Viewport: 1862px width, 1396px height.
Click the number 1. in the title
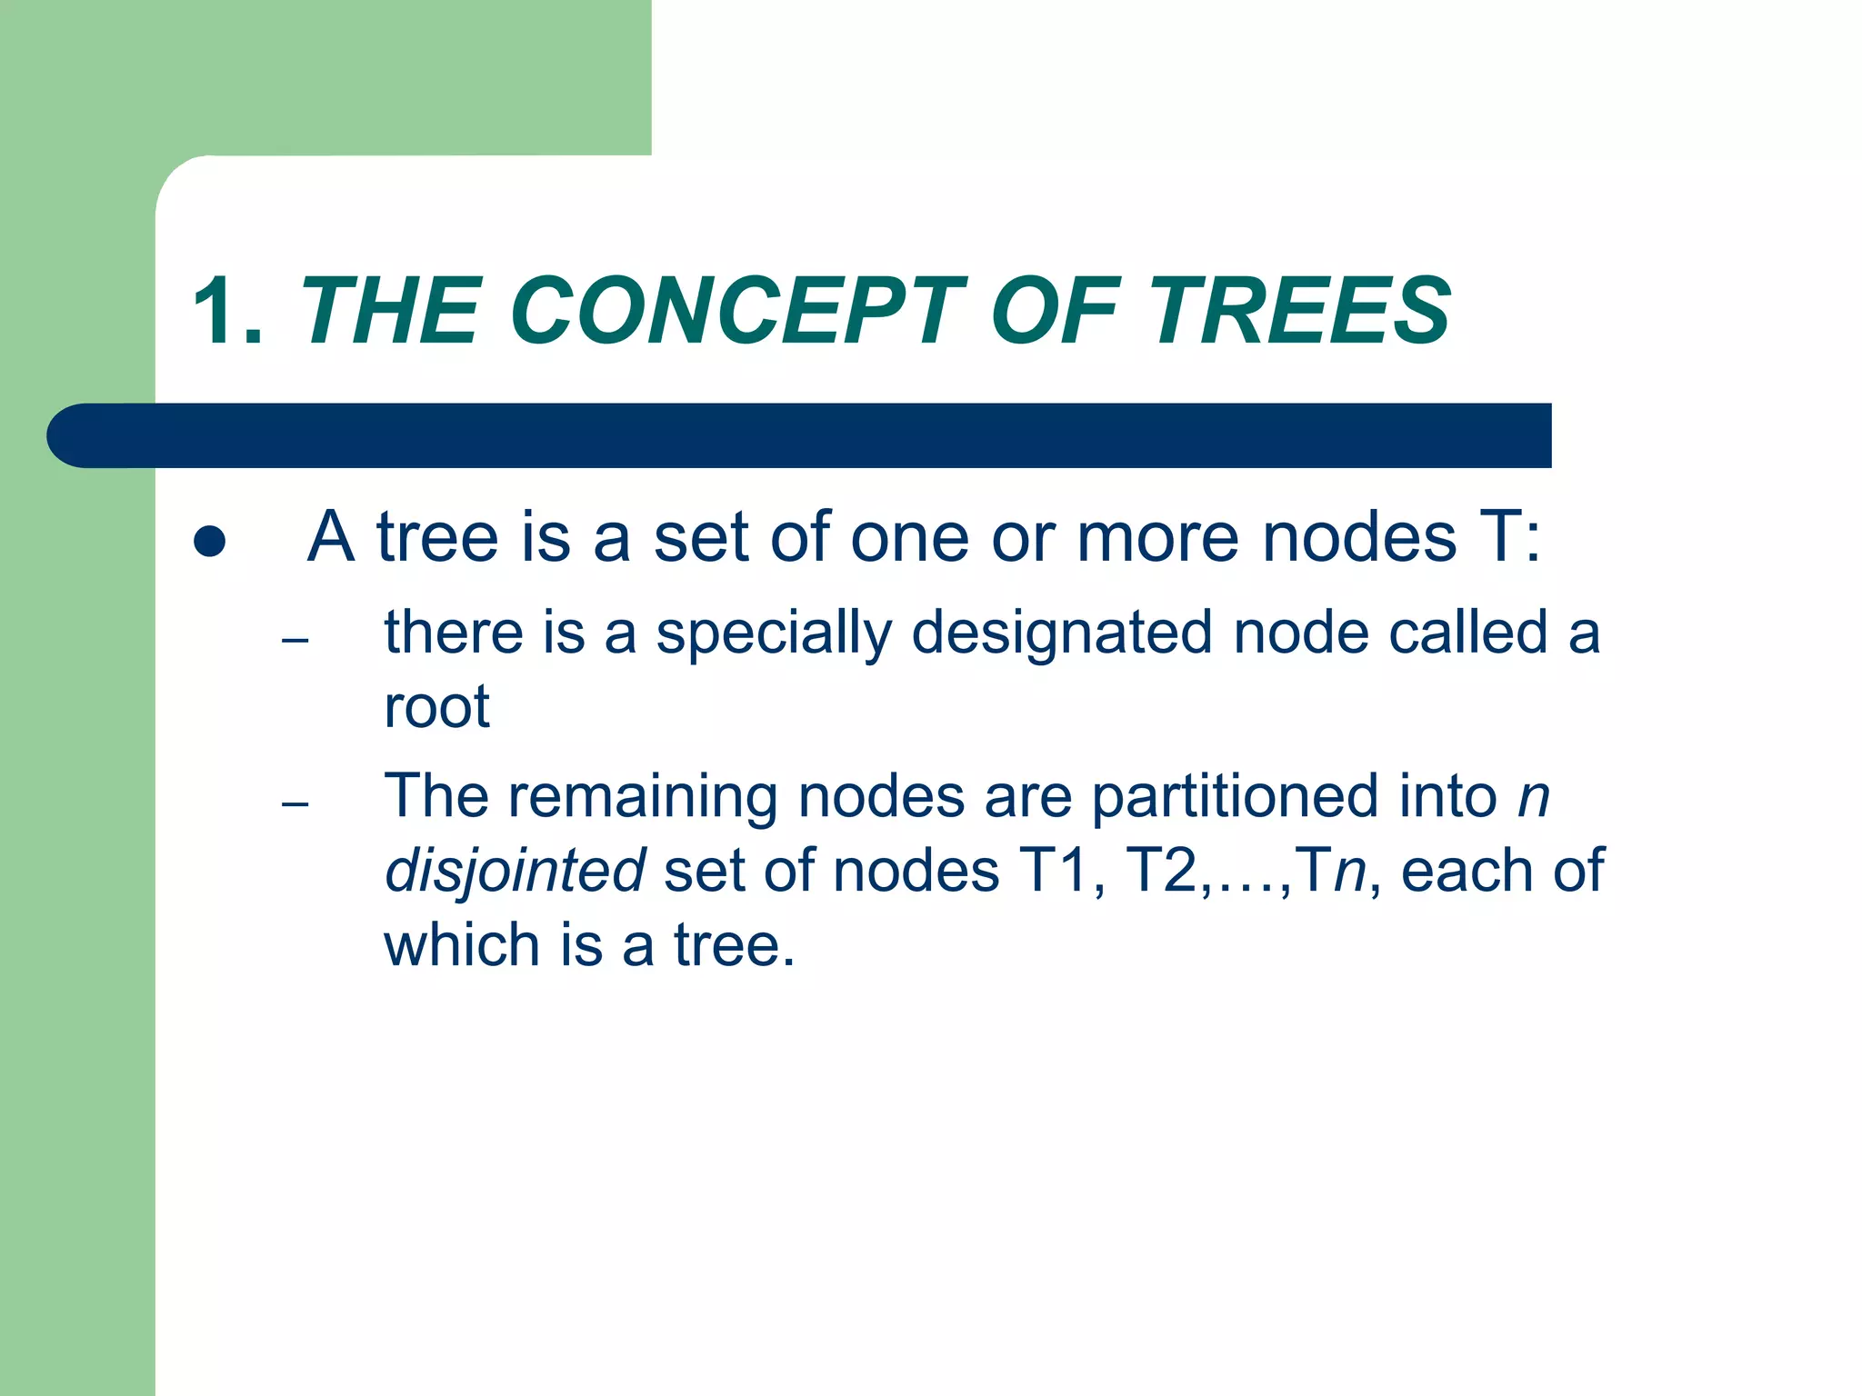click(227, 312)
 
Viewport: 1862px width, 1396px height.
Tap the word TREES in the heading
click(1300, 312)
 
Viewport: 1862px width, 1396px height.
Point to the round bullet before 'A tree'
click(210, 541)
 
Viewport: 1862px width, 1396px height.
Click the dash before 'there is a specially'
click(295, 641)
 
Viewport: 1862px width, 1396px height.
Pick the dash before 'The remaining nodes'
click(295, 804)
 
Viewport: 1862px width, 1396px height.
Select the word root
click(436, 707)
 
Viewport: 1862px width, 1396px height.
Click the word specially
click(773, 633)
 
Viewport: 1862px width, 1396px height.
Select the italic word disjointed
click(515, 872)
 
